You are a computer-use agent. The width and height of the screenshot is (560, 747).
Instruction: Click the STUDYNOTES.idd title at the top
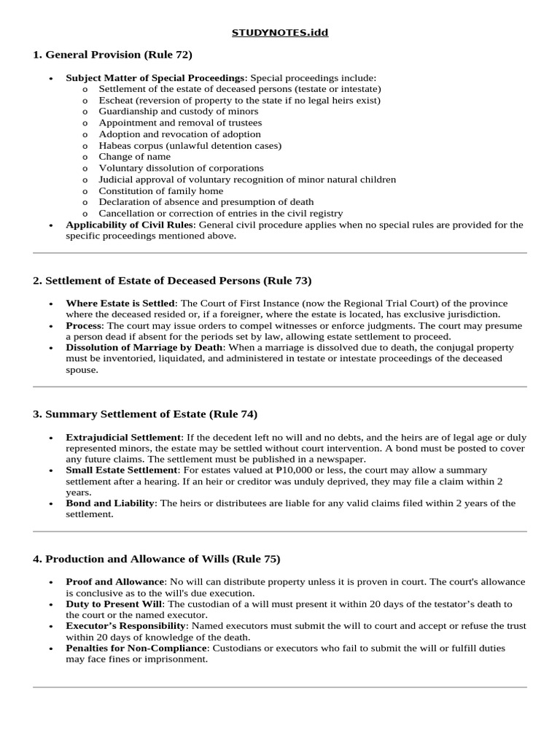[x=279, y=33]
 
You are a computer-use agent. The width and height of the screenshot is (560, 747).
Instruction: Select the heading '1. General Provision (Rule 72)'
[x=112, y=55]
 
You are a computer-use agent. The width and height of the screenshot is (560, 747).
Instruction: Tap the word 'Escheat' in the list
[x=115, y=100]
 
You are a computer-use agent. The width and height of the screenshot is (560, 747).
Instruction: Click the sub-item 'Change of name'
[x=135, y=157]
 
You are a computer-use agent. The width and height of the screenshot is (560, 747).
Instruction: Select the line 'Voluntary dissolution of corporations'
[x=182, y=168]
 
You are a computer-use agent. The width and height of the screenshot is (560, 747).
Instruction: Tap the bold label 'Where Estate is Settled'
[x=120, y=303]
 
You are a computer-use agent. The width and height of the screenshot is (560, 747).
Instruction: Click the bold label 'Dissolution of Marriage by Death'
[x=144, y=348]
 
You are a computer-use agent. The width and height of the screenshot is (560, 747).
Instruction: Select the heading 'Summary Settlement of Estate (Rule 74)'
[x=145, y=414]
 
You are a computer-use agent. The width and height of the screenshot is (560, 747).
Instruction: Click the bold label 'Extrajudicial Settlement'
[x=122, y=437]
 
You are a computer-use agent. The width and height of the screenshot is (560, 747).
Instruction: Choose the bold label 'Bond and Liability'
[x=109, y=503]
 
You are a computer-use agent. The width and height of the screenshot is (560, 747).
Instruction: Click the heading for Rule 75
[x=156, y=560]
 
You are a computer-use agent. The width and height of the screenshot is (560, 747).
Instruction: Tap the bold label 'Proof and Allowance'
[x=114, y=581]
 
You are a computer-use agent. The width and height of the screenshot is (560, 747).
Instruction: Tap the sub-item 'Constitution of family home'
[x=161, y=191]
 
